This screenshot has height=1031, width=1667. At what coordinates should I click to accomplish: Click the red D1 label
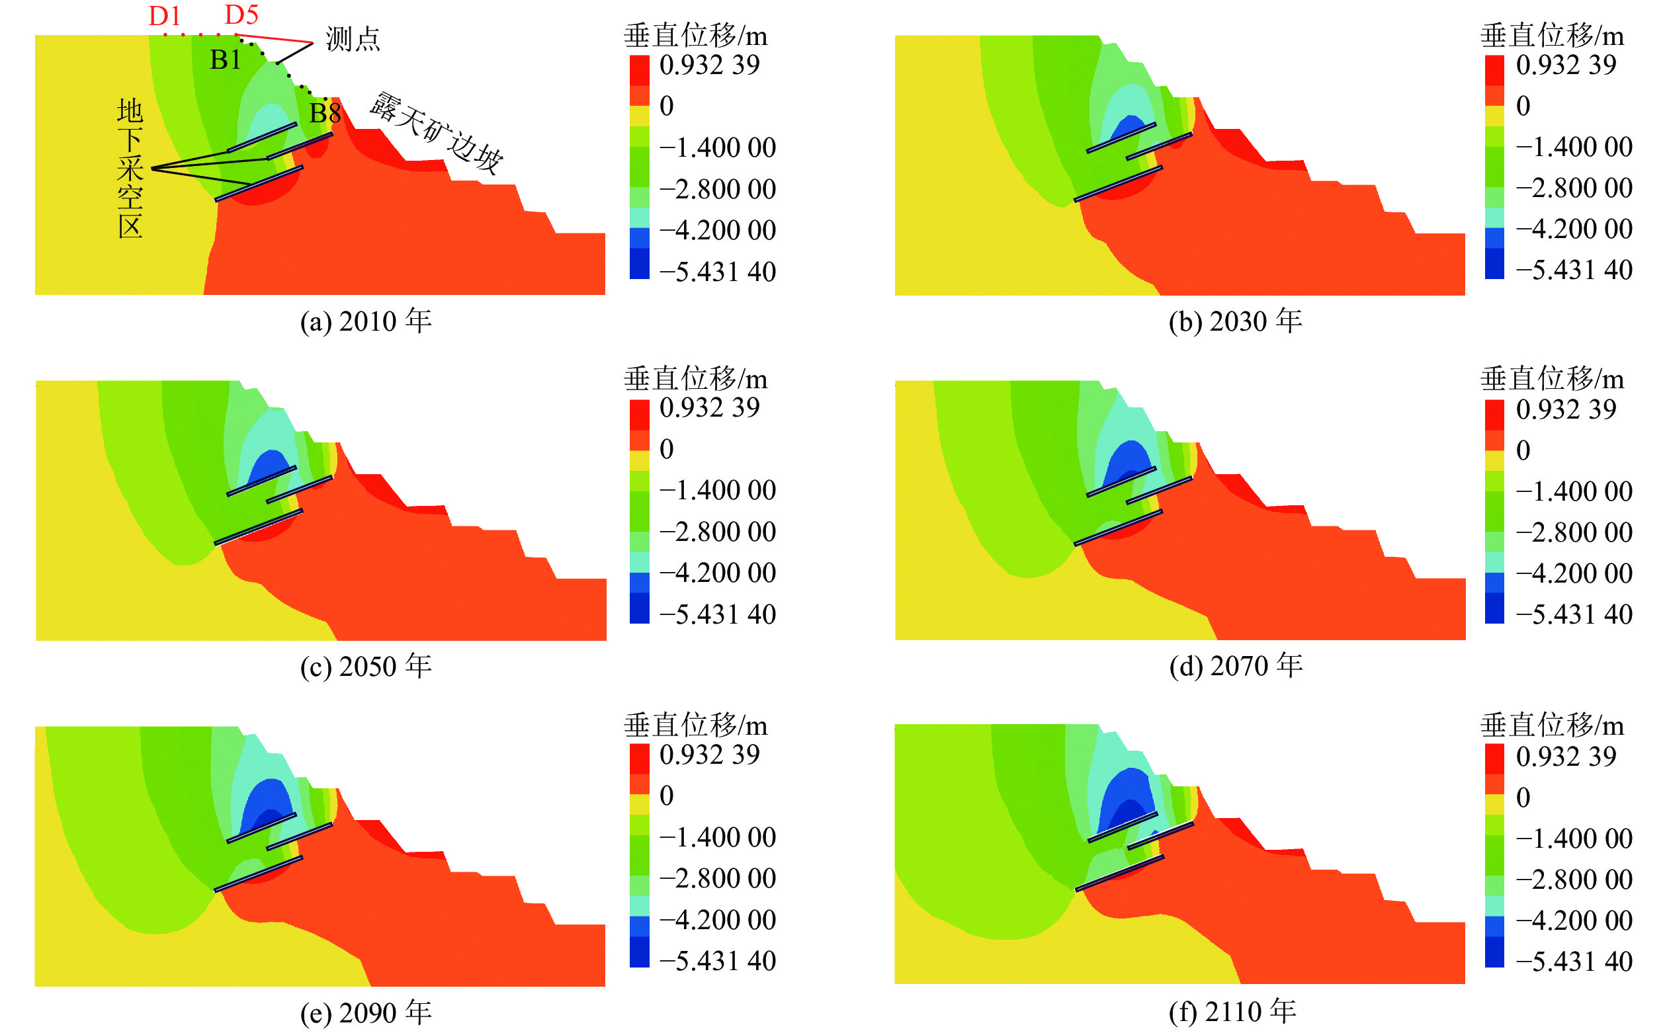tap(164, 16)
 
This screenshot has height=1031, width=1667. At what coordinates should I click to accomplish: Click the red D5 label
tap(241, 15)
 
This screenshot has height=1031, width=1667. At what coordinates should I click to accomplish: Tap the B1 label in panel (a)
tap(225, 60)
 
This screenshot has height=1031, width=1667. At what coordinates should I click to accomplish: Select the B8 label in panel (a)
tap(325, 113)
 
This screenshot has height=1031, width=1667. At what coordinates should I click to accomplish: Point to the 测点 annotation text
tap(353, 39)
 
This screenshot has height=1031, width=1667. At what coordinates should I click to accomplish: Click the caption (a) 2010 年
tap(366, 321)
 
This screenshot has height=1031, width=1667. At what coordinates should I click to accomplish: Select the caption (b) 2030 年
tap(1235, 321)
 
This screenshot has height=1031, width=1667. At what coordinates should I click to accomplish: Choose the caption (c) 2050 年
tap(366, 666)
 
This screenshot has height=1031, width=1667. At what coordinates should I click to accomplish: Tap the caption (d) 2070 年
tap(1236, 665)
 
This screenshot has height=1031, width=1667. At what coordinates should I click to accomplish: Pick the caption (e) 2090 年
tap(366, 1012)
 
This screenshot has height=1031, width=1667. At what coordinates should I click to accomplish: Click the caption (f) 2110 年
tap(1232, 1011)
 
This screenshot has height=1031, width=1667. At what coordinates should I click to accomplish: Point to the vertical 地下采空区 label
tap(130, 169)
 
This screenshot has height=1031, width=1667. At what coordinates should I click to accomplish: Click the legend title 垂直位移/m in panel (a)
tap(695, 36)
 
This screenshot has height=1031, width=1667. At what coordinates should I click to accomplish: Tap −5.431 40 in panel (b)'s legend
tap(1574, 270)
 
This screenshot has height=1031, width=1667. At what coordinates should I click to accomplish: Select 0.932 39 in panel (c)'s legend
tap(709, 408)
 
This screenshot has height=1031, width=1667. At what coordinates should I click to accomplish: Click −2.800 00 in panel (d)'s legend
tap(1574, 532)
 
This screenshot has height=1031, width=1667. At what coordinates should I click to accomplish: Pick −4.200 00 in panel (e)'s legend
tap(718, 920)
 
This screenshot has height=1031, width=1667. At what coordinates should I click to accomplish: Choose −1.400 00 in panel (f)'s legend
tap(1574, 838)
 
